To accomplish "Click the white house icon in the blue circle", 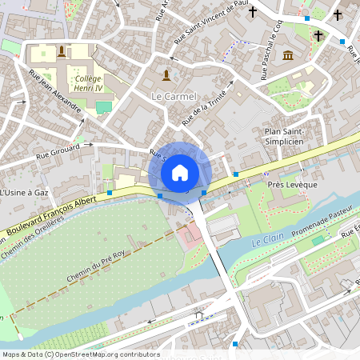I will pos(180,172).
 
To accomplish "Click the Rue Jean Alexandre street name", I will pos(55,95).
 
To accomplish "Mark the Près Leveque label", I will pos(292,185).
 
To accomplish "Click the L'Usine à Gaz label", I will pos(25,193).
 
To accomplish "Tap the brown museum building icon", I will pos(287,54).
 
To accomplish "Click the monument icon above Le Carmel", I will pos(166,75).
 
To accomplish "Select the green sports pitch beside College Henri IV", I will pos(104,106).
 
